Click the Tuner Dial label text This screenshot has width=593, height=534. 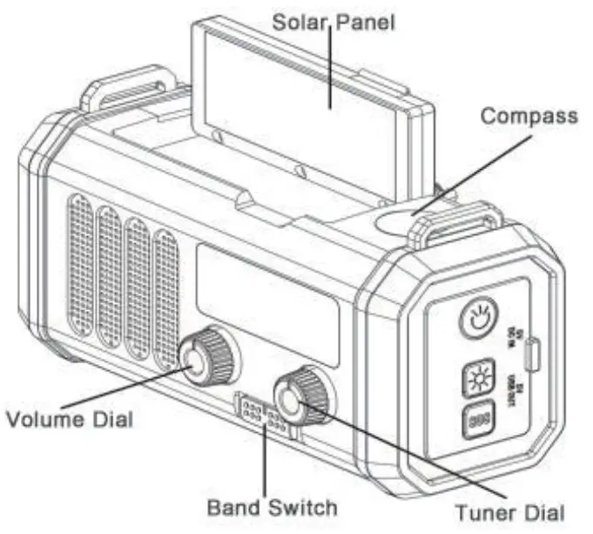510,510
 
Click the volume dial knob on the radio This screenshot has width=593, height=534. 206,358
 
